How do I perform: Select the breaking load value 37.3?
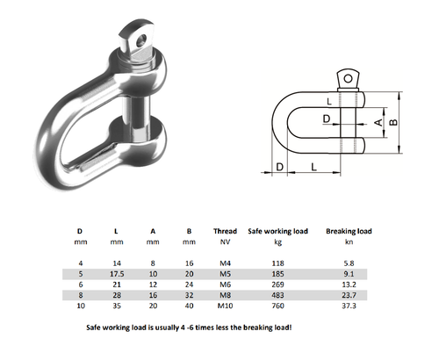click(349, 308)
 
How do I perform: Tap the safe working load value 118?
click(279, 262)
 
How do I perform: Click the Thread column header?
click(225, 232)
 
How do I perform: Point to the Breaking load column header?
click(349, 232)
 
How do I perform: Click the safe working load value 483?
click(279, 297)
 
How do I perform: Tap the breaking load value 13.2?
click(349, 285)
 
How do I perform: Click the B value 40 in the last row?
click(188, 308)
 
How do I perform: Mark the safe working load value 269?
click(279, 285)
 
